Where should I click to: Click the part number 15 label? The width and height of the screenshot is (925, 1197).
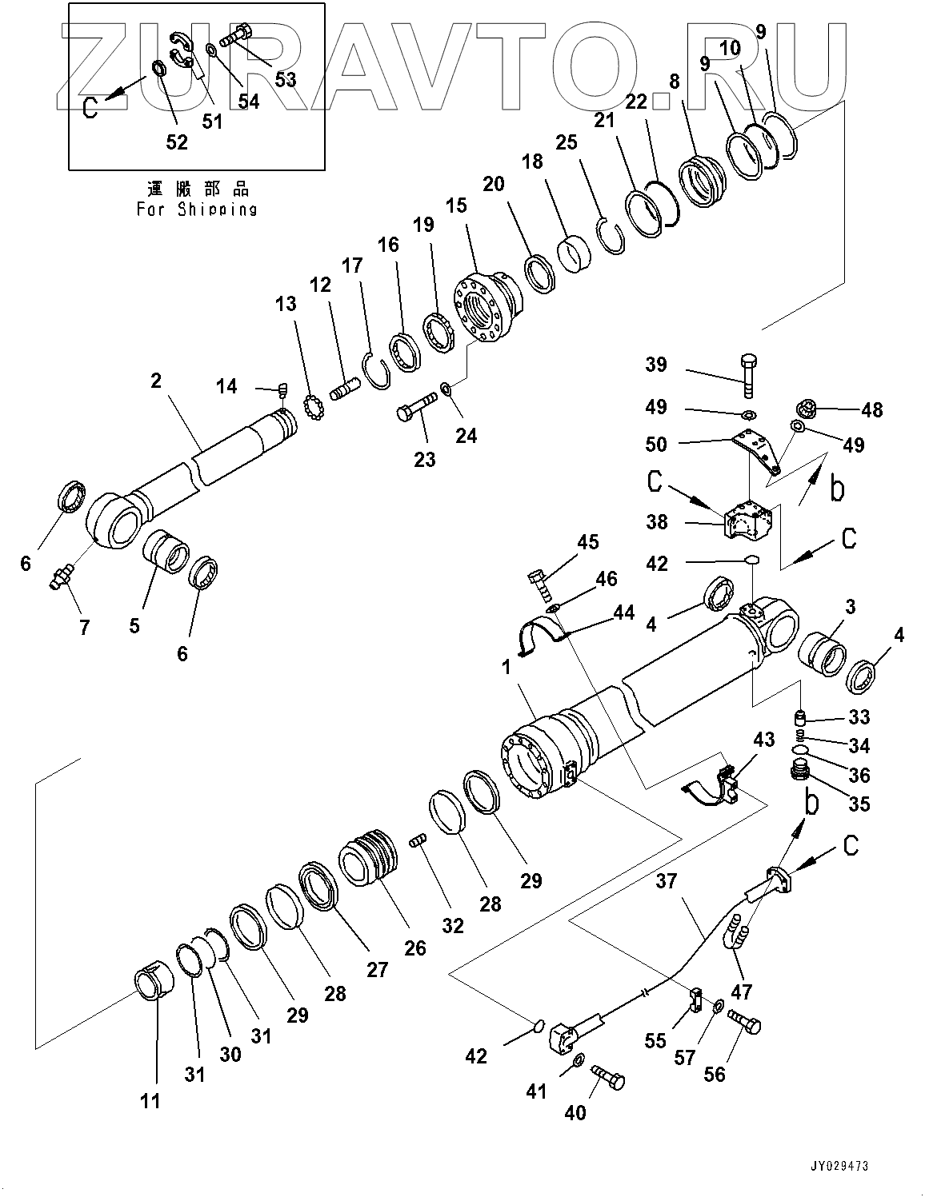(456, 205)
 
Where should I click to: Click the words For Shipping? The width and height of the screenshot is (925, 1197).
(196, 209)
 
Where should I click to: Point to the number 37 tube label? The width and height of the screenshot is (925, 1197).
(667, 881)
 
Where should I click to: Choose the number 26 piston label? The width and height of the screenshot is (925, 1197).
(414, 948)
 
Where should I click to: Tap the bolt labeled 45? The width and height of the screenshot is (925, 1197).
(539, 584)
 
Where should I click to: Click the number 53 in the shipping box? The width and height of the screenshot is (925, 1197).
(284, 78)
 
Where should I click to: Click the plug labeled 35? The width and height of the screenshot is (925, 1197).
(798, 772)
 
